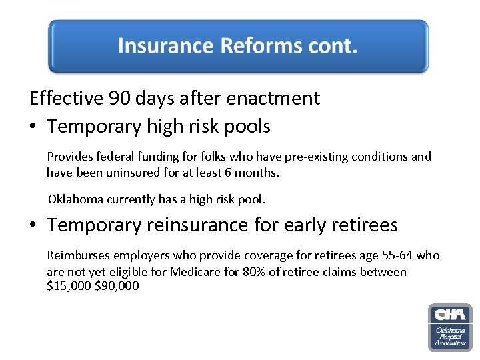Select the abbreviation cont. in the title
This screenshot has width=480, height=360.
point(333,46)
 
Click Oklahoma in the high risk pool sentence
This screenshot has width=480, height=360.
point(77,199)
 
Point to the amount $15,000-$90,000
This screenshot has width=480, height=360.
point(93,287)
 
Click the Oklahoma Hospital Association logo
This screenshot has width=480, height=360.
point(450,327)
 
